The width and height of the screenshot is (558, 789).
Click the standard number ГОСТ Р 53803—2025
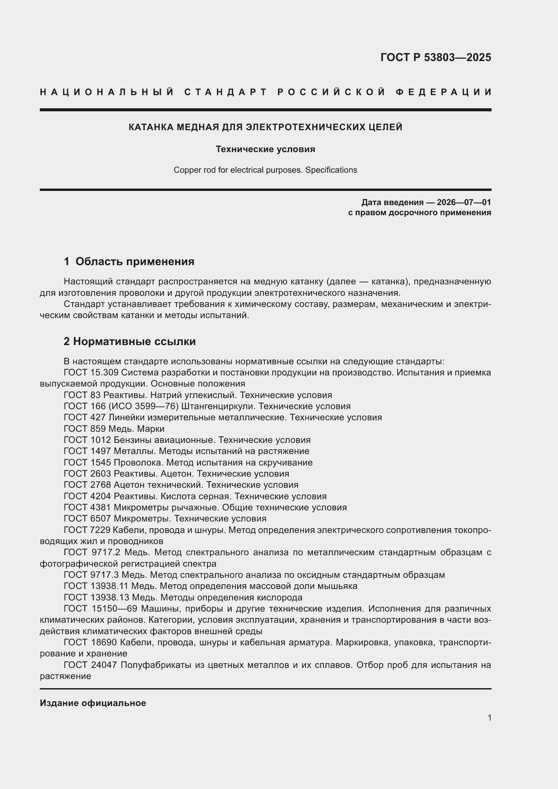tap(436, 57)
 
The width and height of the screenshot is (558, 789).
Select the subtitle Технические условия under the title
tap(265, 149)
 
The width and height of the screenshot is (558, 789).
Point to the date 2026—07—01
tap(464, 202)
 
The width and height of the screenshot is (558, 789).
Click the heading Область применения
tap(135, 261)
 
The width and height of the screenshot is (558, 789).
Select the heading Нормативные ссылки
tap(134, 342)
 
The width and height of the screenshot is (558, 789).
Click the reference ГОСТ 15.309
tap(91, 372)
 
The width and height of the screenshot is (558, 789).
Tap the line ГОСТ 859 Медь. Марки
tap(114, 429)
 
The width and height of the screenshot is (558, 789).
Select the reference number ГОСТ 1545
tap(87, 462)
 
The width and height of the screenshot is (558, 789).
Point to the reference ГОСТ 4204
tap(87, 496)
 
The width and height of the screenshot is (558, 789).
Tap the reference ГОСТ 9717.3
tap(91, 575)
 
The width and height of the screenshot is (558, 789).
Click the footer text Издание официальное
tap(93, 703)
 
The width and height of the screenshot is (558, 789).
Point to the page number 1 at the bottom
tap(489, 718)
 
